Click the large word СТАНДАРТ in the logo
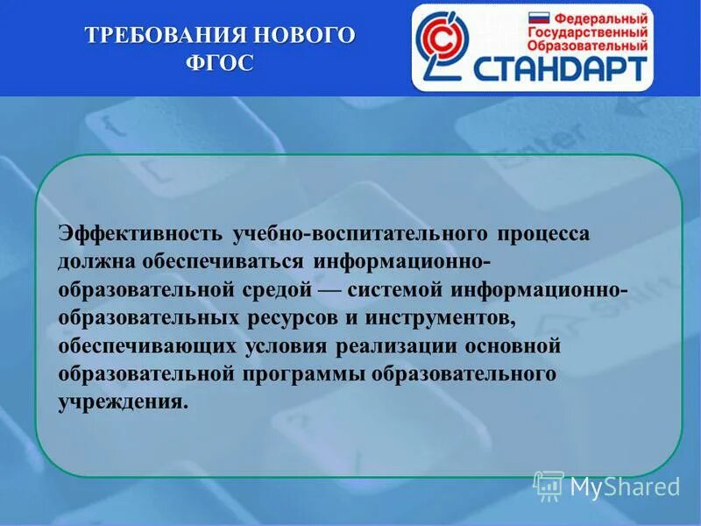click(x=562, y=68)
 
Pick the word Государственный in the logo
click(x=589, y=32)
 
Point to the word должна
click(x=91, y=263)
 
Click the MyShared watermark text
click(x=625, y=487)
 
